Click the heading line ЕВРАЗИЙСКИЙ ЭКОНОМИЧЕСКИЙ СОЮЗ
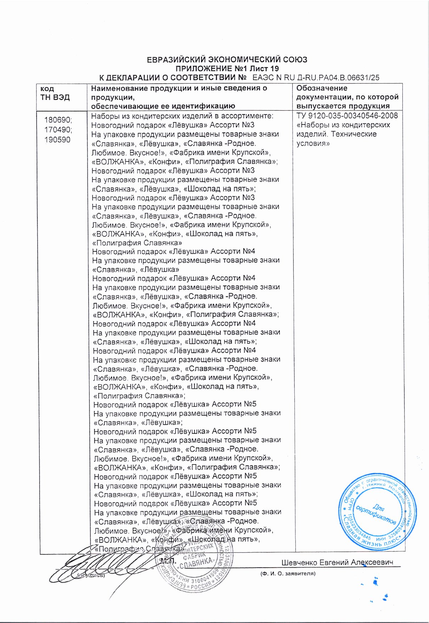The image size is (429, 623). coord(227,60)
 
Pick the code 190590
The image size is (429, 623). coord(57,140)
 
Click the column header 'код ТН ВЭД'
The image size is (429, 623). coord(55,93)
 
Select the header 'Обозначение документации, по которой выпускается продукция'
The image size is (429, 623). coord(347,97)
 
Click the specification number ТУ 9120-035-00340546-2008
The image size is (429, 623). coord(347,116)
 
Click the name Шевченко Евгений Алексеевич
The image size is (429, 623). coord(337,562)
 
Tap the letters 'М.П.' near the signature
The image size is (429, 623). coord(168,561)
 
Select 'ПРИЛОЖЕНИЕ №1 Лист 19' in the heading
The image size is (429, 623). coord(227,69)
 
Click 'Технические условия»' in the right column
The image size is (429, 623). coord(332,139)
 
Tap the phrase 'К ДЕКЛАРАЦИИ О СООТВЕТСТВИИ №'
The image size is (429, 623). coord(173,78)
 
